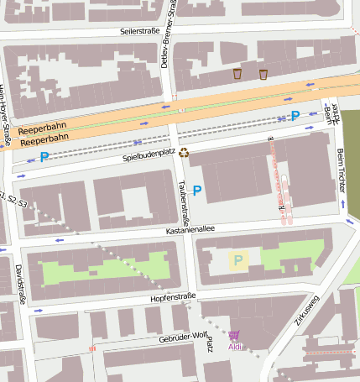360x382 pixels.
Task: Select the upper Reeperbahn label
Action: pos(41,131)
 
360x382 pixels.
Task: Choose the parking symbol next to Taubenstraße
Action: pos(197,191)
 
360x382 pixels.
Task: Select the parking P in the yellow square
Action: pos(238,260)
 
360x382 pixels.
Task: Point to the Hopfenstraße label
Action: pos(173,296)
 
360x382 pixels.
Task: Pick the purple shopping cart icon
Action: pos(233,336)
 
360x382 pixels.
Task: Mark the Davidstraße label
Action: pos(19,283)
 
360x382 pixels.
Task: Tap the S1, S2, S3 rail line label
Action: pos(14,200)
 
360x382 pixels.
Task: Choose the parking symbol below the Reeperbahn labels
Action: pos(44,156)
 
